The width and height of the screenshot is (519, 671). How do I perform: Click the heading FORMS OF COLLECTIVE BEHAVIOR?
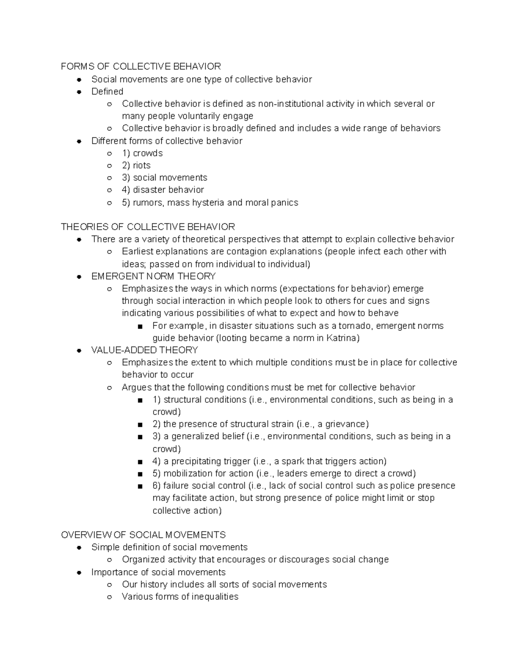point(141,67)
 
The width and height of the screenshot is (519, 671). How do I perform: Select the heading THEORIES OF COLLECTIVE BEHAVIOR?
point(148,227)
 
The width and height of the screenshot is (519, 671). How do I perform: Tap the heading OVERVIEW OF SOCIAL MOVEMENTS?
point(143,535)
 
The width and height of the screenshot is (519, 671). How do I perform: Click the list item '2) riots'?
point(136,165)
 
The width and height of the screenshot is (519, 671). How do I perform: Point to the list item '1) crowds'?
point(142,153)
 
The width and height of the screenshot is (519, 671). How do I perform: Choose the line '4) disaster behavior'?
point(163,190)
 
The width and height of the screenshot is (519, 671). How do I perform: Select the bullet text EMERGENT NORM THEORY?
point(154,277)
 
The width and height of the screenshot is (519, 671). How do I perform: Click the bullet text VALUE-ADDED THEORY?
point(144,350)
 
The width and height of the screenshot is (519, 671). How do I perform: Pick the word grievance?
point(347,424)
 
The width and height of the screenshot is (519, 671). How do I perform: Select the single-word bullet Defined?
point(107,92)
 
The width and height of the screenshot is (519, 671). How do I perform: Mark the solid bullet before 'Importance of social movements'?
point(79,572)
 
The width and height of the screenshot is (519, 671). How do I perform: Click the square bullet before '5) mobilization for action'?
point(140,474)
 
